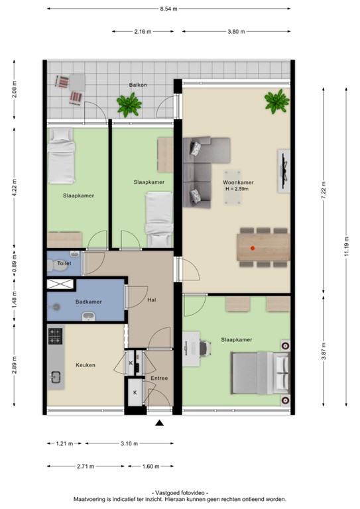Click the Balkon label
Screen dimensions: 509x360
pos(138,85)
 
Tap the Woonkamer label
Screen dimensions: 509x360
pos(238,182)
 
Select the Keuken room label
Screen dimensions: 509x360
pos(86,365)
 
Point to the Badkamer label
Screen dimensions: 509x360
pos(88,302)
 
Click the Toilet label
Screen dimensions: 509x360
pos(64,263)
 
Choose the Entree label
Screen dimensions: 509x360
pos(159,378)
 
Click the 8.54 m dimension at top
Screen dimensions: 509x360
pos(169,9)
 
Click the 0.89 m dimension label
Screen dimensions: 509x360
pos(14,262)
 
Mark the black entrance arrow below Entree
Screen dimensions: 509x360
pos(159,424)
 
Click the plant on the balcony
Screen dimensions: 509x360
pos(128,103)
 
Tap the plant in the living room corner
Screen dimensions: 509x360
pos(276,101)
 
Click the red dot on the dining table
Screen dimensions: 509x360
pos(253,248)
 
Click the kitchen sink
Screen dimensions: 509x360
pos(54,376)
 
